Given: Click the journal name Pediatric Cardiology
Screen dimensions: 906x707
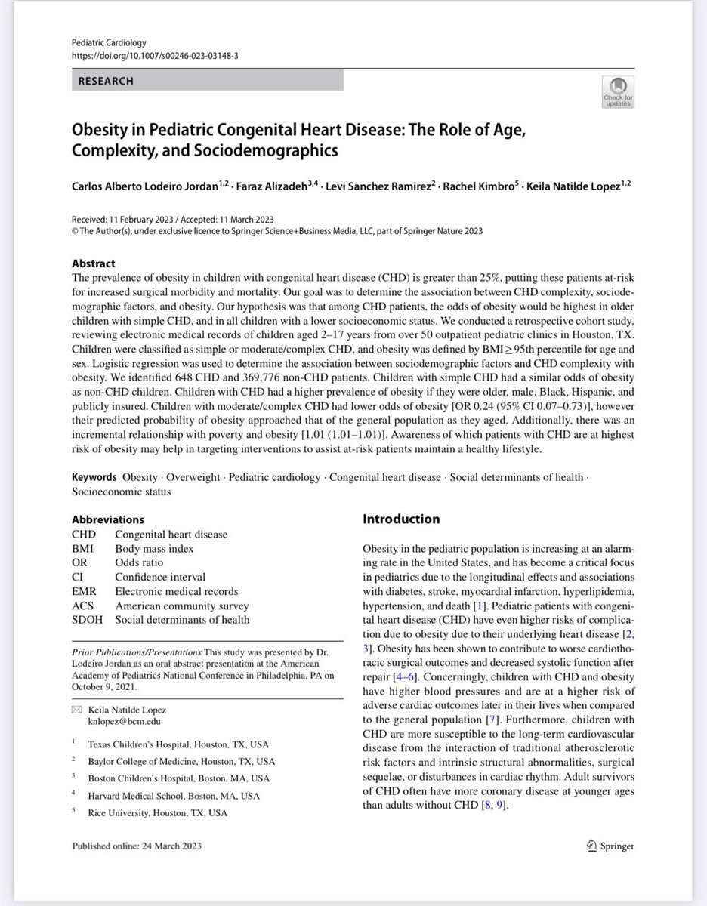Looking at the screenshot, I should tap(109, 42).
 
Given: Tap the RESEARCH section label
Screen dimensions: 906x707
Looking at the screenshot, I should tap(106, 81).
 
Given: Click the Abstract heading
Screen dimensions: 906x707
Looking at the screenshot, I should tap(93, 264).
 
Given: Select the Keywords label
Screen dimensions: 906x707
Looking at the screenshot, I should tap(94, 477).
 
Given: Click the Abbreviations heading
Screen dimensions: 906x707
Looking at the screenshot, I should tap(107, 519).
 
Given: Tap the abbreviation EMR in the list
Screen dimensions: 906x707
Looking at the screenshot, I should tap(83, 592).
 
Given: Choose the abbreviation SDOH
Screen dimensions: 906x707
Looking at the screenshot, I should tap(86, 621).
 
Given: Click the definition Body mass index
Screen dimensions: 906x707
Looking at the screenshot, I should tap(154, 549).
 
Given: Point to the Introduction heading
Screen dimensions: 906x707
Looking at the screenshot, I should tap(401, 519).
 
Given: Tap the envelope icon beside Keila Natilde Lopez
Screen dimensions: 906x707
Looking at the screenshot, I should tap(76, 710).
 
